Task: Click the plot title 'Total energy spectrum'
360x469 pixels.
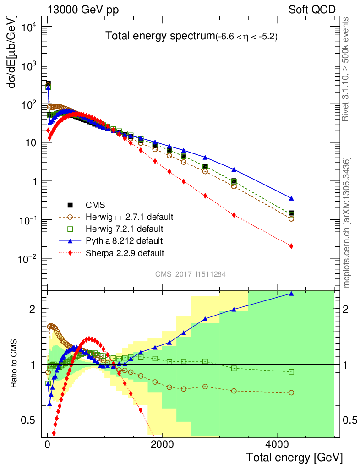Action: coord(160,36)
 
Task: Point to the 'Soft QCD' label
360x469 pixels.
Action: coord(311,9)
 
